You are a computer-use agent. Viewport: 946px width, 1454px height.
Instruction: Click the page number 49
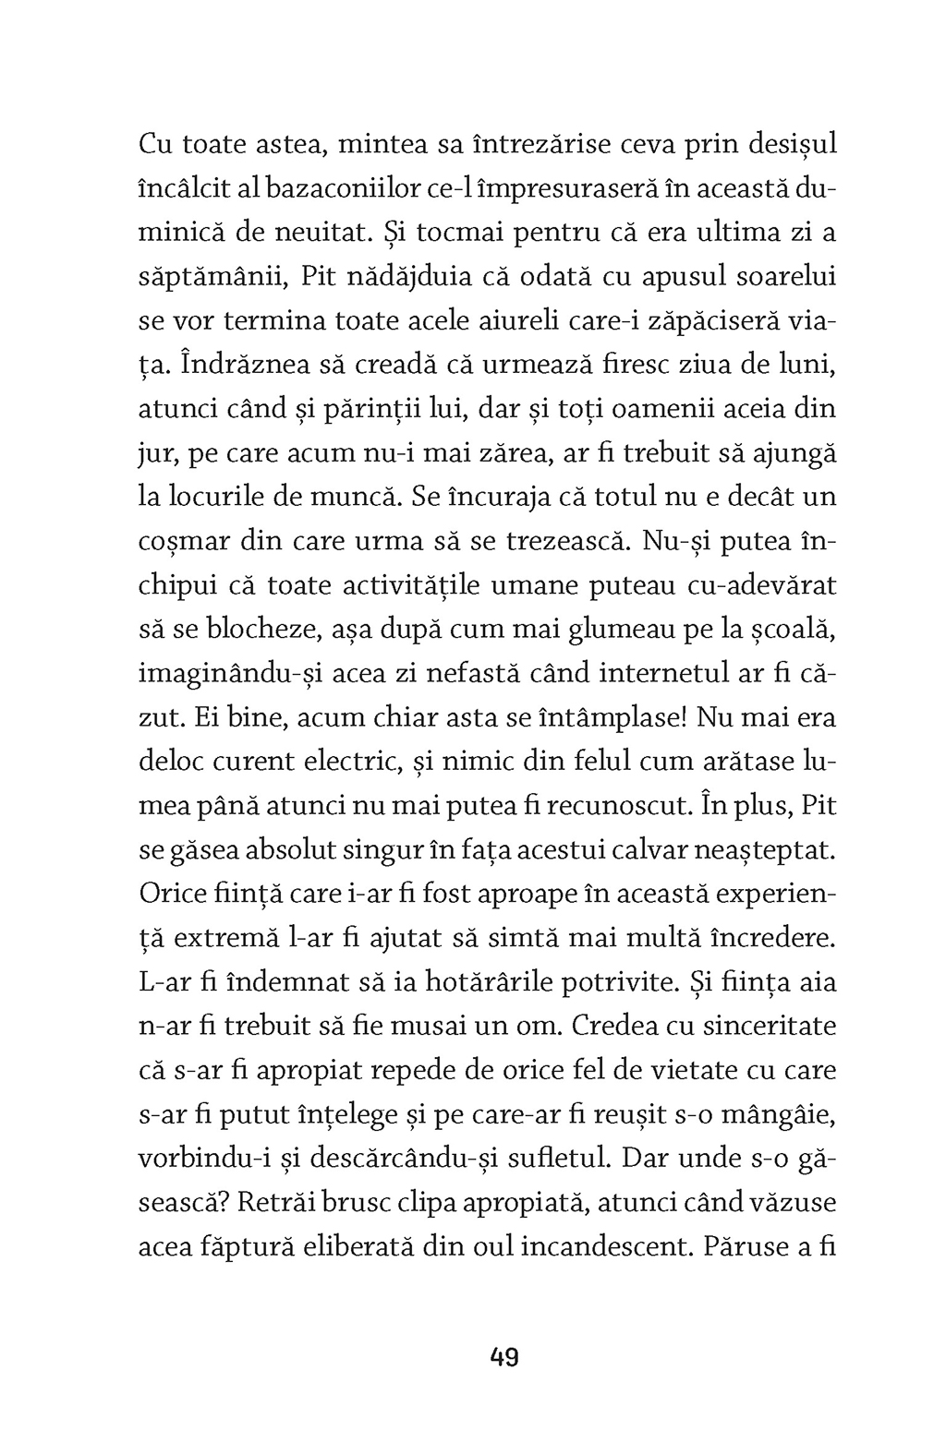click(505, 1358)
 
